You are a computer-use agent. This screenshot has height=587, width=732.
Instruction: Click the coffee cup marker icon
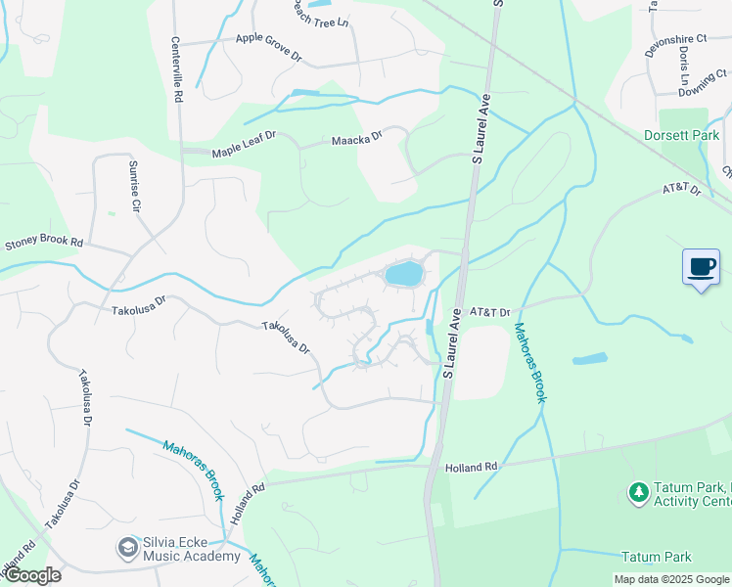point(701,267)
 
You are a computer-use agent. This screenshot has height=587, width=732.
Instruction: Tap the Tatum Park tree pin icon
point(639,491)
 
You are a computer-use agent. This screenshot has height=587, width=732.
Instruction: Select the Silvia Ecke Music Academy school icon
point(127,546)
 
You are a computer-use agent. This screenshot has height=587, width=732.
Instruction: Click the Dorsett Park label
point(682,135)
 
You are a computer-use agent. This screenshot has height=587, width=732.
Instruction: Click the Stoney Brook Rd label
point(44,242)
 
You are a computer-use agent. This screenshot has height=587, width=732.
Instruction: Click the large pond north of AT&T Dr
point(403,273)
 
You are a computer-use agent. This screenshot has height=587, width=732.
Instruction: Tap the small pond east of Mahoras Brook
point(589,359)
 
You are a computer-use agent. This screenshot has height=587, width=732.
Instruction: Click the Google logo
point(32,575)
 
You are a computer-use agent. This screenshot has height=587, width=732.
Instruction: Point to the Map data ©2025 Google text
point(670,579)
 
